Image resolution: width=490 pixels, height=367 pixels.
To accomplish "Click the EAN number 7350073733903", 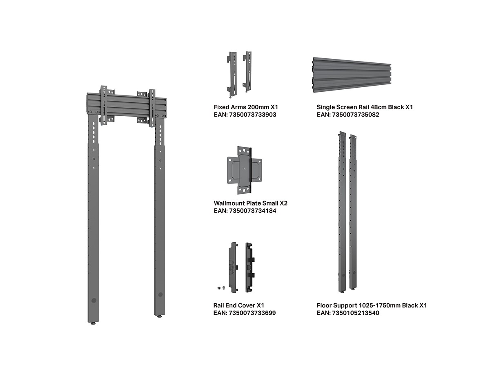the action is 252,115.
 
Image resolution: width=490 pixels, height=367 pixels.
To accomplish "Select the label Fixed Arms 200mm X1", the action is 246,107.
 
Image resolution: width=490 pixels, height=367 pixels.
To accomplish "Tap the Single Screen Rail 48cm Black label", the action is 361,107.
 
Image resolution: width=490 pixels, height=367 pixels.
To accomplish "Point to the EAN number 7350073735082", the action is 356,115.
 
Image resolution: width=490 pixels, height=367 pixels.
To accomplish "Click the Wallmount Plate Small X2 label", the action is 250,203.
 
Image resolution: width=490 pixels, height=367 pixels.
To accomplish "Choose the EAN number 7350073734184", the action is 252,210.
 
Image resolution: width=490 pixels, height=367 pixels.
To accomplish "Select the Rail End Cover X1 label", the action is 238,305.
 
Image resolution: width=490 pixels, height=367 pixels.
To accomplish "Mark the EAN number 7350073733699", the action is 252,313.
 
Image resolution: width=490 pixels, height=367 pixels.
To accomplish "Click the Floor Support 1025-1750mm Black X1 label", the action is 372,305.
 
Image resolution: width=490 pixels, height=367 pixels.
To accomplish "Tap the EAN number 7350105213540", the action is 356,313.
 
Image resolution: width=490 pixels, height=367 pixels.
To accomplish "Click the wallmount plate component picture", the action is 245,170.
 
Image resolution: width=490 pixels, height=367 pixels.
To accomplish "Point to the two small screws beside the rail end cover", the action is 221,288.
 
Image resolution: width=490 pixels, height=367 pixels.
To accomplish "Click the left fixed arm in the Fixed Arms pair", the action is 232,75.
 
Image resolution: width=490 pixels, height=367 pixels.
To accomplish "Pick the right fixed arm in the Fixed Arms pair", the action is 247,72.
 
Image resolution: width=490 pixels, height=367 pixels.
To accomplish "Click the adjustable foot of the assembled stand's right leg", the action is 160,316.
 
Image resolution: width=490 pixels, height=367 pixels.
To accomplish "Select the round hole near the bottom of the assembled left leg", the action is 94,301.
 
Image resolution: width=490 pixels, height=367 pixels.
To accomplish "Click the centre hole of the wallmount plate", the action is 245,169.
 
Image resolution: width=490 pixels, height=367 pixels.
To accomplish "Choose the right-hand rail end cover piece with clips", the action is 250,268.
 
